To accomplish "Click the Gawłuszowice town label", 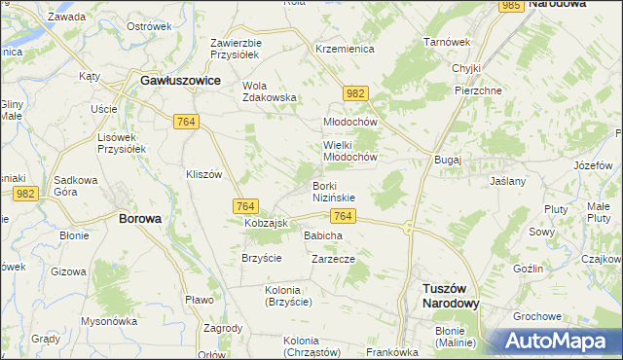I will [180, 81].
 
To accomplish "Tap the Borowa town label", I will [139, 219].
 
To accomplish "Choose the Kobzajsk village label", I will [266, 224].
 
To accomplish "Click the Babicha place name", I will [323, 235].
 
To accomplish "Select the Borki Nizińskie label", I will [334, 191].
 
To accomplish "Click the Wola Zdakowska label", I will [269, 90].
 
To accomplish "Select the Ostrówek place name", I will [149, 26].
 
